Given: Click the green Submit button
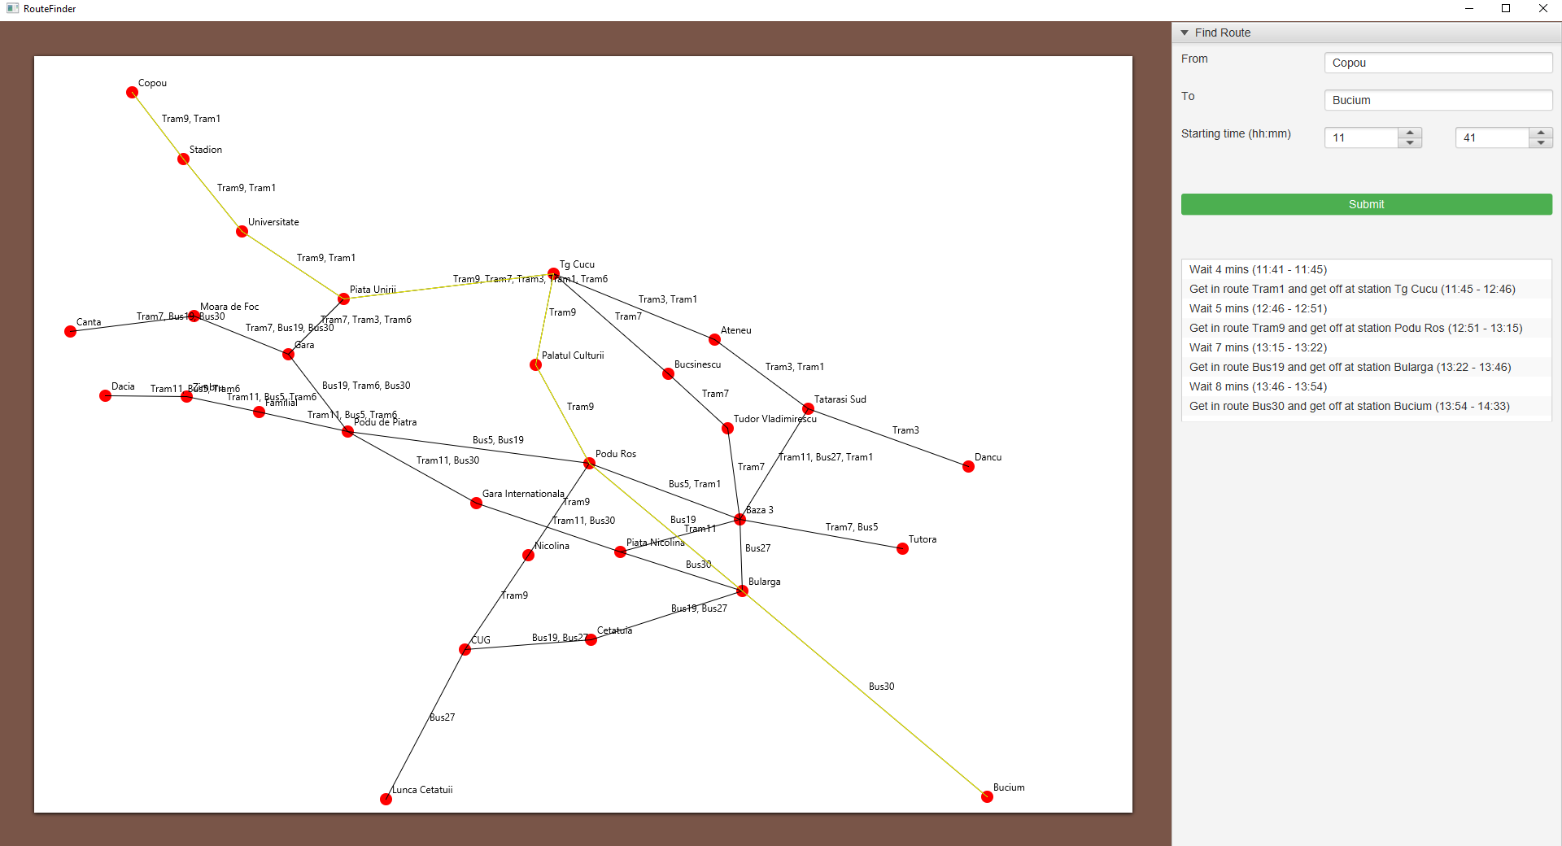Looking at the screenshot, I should pyautogui.click(x=1366, y=204).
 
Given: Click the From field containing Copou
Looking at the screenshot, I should pyautogui.click(x=1438, y=63).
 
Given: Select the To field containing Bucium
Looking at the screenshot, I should pyautogui.click(x=1438, y=100).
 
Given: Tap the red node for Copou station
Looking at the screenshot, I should pyautogui.click(x=132, y=92).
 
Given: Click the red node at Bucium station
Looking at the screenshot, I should pyautogui.click(x=987, y=796).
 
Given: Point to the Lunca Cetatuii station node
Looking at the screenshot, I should pyautogui.click(x=386, y=799).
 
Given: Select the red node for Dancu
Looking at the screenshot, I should pyautogui.click(x=968, y=466).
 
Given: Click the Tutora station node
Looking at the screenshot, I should pyautogui.click(x=902, y=548).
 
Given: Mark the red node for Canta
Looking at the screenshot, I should pyautogui.click(x=71, y=331).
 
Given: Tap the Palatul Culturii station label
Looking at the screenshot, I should pyautogui.click(x=573, y=355).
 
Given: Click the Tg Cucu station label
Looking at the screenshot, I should pyautogui.click(x=577, y=264).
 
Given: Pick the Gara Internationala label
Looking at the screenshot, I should pyautogui.click(x=522, y=494).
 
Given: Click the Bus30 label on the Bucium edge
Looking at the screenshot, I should pyautogui.click(x=881, y=687).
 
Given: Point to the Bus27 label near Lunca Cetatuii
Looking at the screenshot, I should pyautogui.click(x=443, y=717).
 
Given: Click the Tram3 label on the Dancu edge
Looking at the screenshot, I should pyautogui.click(x=905, y=430).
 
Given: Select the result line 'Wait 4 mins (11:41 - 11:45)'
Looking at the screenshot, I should pyautogui.click(x=1258, y=269).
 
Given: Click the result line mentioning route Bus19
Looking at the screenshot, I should pyautogui.click(x=1350, y=367).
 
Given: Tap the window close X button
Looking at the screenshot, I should pyautogui.click(x=1542, y=8).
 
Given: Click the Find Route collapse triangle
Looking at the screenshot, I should pyautogui.click(x=1185, y=33).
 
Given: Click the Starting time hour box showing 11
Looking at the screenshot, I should pyautogui.click(x=1361, y=137).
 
